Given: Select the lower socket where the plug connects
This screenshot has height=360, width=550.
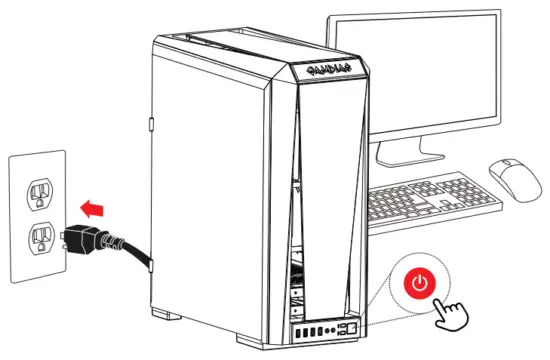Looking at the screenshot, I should tap(40, 236).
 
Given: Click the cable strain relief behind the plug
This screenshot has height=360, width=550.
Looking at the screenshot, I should tap(106, 240).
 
